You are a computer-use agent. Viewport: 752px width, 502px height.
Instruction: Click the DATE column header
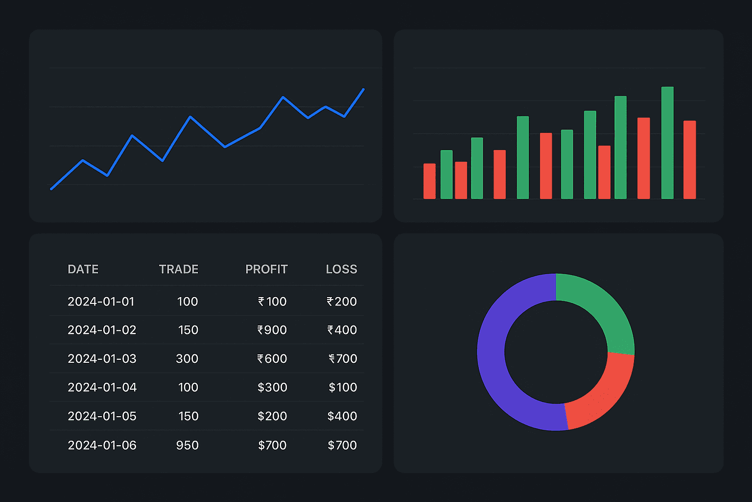tap(83, 269)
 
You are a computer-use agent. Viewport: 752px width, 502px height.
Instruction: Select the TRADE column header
tap(178, 269)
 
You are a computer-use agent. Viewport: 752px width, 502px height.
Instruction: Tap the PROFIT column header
tap(266, 269)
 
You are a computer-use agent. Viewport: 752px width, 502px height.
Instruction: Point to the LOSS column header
tap(341, 269)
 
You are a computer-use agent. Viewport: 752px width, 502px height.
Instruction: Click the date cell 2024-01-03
tap(102, 359)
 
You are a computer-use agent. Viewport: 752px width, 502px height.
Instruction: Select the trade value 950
tap(187, 445)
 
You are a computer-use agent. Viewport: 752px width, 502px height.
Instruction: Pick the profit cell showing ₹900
tap(272, 330)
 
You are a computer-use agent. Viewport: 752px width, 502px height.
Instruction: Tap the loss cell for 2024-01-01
tap(342, 301)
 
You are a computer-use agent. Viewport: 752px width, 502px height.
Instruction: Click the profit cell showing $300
tap(272, 387)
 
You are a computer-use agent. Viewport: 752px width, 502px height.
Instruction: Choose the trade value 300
tap(187, 359)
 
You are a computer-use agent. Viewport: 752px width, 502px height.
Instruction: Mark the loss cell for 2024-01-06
tap(342, 445)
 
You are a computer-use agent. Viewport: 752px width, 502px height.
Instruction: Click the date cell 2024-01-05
tap(102, 416)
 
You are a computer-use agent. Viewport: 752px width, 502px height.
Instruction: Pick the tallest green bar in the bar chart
tap(667, 142)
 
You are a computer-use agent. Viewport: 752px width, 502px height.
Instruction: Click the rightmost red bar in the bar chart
tap(689, 159)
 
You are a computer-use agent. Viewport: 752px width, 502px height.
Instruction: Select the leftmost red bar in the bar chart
tap(429, 181)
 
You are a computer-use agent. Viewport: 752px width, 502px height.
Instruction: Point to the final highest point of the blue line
tap(363, 89)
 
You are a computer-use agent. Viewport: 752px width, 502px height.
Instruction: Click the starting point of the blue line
tap(51, 189)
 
